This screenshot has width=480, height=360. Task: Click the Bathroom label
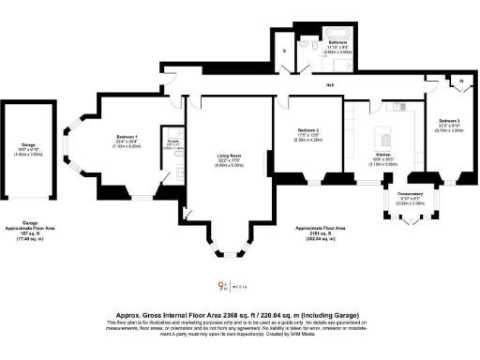338,43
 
